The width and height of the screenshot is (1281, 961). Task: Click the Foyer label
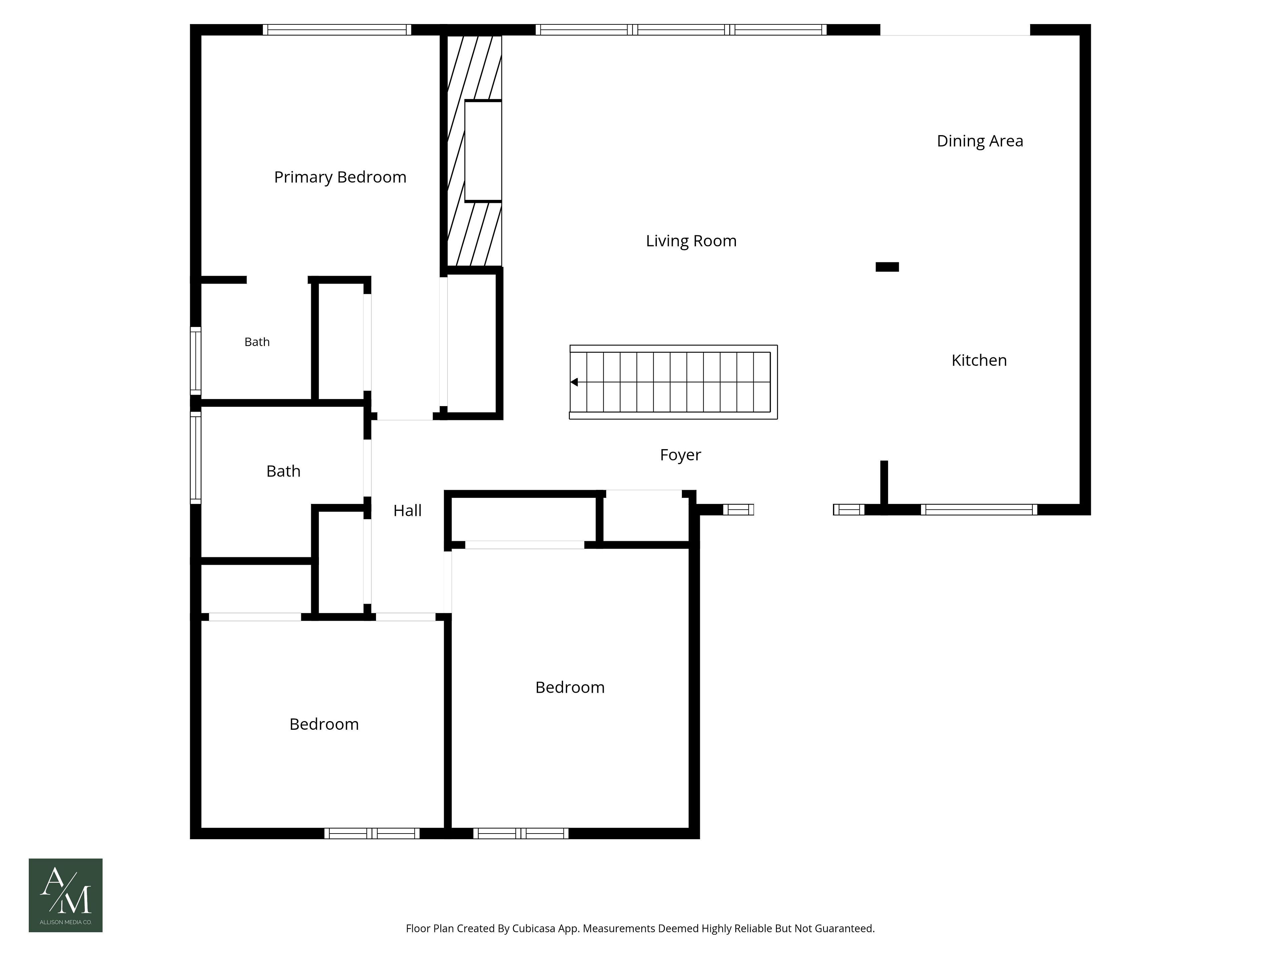pyautogui.click(x=681, y=455)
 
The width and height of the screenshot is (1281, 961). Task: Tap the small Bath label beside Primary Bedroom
pyautogui.click(x=257, y=342)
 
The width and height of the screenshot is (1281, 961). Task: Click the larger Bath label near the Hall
pyautogui.click(x=283, y=471)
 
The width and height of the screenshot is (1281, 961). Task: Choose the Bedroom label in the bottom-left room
pyautogui.click(x=324, y=724)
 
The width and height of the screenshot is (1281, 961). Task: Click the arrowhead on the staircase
pyautogui.click(x=574, y=382)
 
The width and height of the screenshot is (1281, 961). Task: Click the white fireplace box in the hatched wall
pyautogui.click(x=483, y=151)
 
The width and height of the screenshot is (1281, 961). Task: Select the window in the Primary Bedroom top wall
pyautogui.click(x=337, y=30)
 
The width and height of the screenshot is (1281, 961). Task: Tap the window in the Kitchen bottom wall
pyautogui.click(x=979, y=510)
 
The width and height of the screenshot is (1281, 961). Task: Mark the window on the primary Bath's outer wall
pyautogui.click(x=196, y=361)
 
